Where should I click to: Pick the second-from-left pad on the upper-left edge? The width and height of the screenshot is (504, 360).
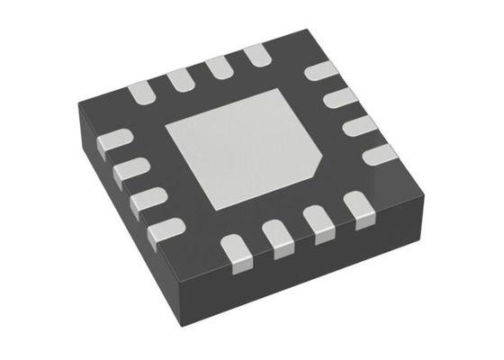tap(180, 78)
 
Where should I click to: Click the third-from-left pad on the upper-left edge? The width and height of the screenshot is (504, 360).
tap(219, 67)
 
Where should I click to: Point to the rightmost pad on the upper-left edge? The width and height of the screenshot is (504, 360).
tap(256, 56)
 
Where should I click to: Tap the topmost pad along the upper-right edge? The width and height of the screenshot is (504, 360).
tap(319, 71)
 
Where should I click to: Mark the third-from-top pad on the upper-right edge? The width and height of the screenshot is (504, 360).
tap(360, 125)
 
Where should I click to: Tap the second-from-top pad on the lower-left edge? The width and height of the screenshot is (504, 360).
tap(130, 167)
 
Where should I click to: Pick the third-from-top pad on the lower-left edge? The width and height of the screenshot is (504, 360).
tap(148, 200)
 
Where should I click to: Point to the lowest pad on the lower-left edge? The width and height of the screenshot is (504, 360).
tap(167, 229)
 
